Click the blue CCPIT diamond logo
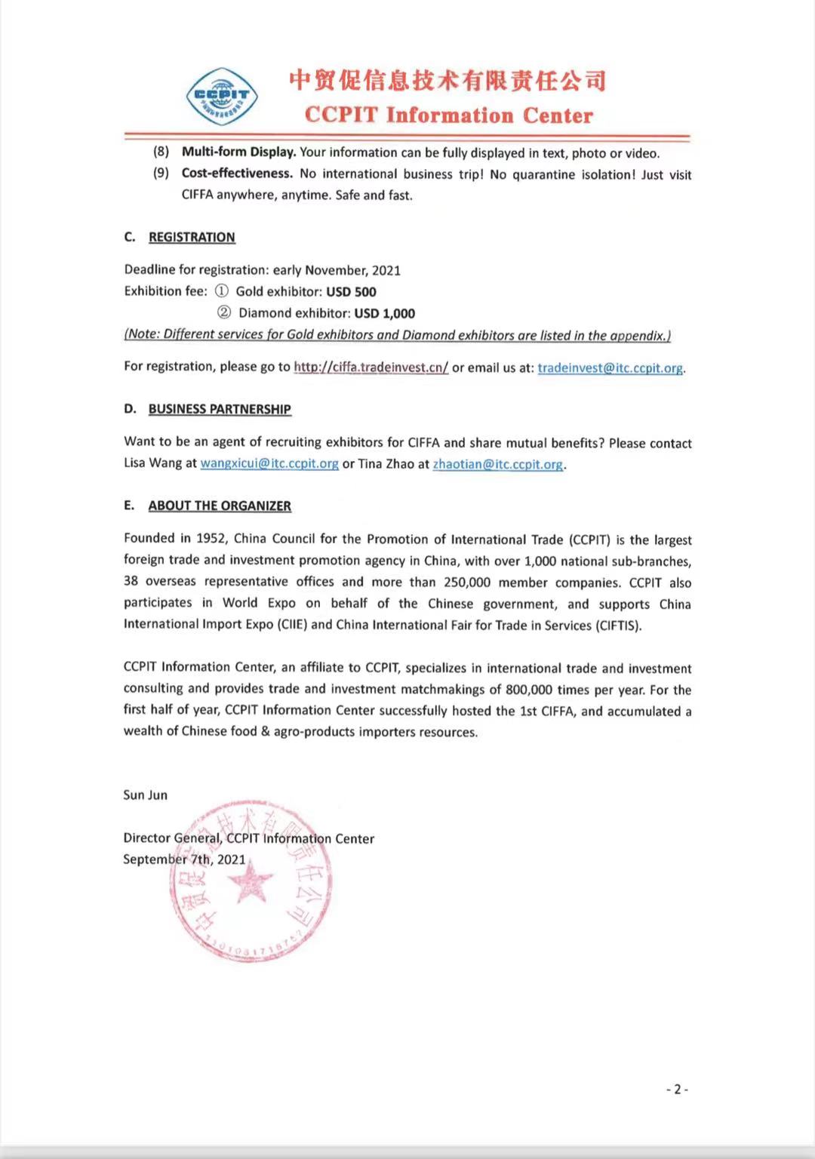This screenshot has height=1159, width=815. point(223,96)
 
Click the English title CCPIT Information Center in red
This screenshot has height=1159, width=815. point(449,115)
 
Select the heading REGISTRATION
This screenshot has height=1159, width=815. point(192,237)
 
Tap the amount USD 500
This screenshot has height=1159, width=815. point(351,292)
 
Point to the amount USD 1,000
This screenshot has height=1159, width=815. point(384,313)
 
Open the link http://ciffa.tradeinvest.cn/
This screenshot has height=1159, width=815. point(371,367)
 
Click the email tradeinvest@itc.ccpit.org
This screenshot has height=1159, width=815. point(610,368)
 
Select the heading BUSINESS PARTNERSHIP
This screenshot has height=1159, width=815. point(220,409)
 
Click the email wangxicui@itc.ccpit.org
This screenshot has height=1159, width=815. point(269,464)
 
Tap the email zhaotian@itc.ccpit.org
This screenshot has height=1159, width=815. point(497,465)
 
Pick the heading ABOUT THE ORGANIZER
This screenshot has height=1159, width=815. point(220,506)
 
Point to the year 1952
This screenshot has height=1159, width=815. point(211,539)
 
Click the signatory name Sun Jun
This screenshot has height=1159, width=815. point(146,795)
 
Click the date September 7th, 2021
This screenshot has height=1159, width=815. point(184,859)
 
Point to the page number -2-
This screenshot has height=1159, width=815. point(677,1090)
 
